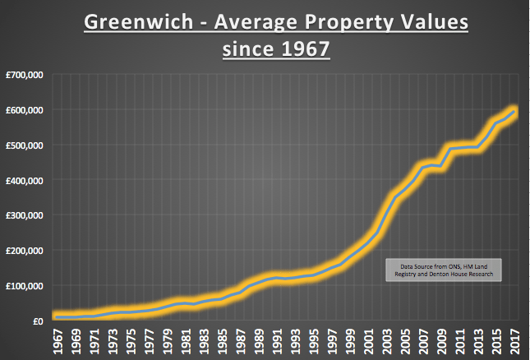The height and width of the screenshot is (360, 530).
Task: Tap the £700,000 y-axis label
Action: (29, 75)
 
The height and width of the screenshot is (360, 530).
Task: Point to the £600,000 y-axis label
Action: (29, 110)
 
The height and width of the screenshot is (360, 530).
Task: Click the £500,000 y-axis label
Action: (29, 145)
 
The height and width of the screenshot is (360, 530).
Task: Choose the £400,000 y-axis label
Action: (29, 180)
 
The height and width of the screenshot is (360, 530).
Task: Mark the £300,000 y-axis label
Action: (29, 215)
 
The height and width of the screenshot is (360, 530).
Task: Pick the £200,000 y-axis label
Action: (29, 251)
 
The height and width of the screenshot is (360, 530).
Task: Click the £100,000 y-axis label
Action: (29, 286)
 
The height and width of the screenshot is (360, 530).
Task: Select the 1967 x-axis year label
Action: (58, 341)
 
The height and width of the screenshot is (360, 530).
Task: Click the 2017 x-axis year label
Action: (516, 341)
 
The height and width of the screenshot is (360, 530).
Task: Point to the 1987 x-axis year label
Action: (242, 341)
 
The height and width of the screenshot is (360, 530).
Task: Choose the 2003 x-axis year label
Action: (388, 341)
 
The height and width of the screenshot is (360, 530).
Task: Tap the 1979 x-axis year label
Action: (168, 341)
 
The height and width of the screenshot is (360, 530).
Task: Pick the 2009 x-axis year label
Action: (443, 341)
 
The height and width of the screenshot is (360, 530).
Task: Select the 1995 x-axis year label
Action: (315, 341)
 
